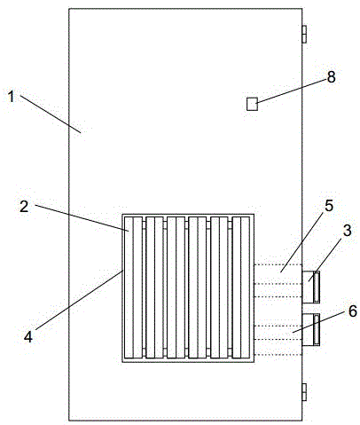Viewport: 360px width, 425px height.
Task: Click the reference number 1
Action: [x=12, y=97]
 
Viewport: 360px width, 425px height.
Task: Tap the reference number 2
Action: [x=24, y=207]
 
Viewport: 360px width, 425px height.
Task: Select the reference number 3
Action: [x=348, y=231]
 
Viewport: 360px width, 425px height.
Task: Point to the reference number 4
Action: [x=28, y=337]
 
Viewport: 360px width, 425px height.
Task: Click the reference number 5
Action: [x=329, y=206]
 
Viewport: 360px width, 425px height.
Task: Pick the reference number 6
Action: [x=353, y=311]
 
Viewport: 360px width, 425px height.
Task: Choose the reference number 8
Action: [x=332, y=77]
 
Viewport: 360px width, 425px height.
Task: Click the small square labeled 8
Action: [x=252, y=104]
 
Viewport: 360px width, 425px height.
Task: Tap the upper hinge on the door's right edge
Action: [x=304, y=34]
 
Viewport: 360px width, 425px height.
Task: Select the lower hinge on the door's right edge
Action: [x=304, y=392]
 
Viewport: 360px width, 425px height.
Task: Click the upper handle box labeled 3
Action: [x=310, y=287]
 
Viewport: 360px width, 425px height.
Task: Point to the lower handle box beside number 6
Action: [x=310, y=329]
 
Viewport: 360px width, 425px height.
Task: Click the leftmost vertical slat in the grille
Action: [x=133, y=287]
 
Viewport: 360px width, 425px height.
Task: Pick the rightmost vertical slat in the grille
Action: [x=241, y=287]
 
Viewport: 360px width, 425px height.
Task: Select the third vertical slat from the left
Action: [x=176, y=287]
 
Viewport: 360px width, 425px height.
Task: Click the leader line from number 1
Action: [x=51, y=114]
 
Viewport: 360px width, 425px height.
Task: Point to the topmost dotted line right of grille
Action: [x=278, y=264]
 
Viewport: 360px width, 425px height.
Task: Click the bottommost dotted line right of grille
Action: [x=278, y=354]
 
